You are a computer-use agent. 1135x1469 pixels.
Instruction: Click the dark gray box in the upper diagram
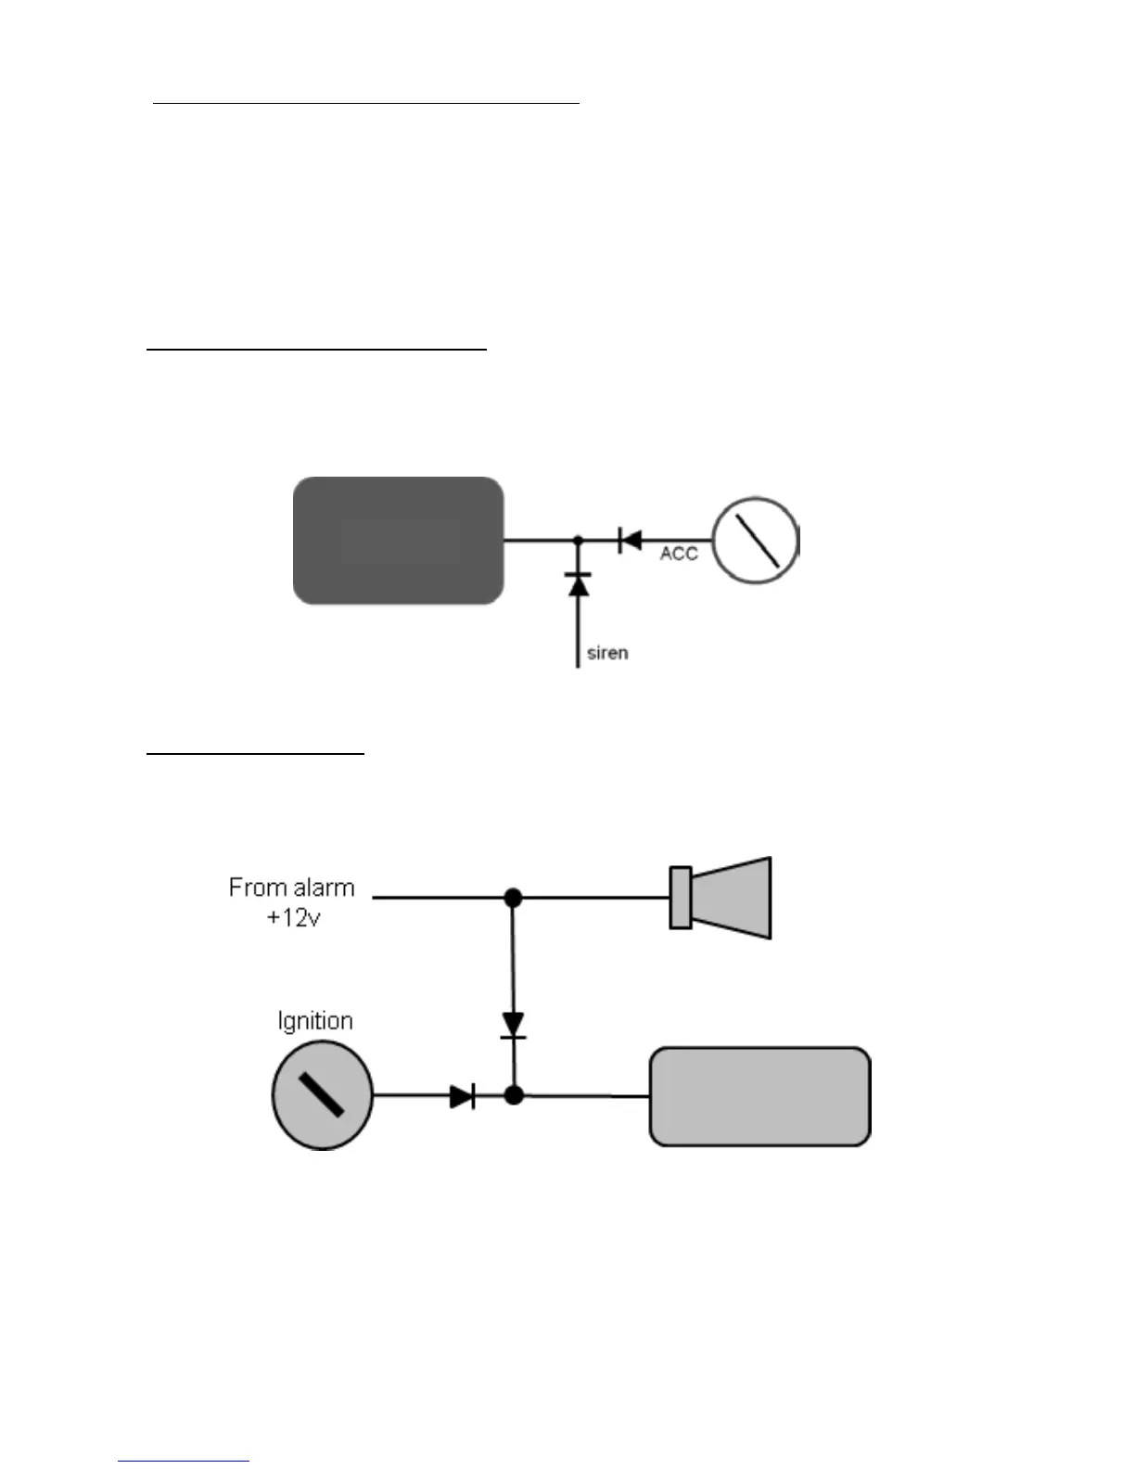click(x=398, y=541)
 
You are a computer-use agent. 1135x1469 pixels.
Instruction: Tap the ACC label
click(x=678, y=554)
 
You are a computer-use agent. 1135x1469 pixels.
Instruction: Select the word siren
click(x=607, y=653)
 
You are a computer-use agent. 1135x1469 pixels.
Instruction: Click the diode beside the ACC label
click(x=630, y=540)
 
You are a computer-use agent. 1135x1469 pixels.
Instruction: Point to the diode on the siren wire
click(x=578, y=584)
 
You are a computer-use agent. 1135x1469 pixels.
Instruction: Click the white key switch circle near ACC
click(x=755, y=541)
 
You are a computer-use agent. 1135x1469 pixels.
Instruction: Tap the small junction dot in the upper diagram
click(x=578, y=540)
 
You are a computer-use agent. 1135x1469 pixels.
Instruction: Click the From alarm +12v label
click(x=291, y=902)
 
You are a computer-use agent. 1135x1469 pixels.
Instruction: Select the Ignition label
click(x=315, y=1021)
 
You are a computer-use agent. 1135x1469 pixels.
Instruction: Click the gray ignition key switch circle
click(x=322, y=1094)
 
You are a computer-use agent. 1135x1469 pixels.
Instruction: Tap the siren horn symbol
click(x=730, y=898)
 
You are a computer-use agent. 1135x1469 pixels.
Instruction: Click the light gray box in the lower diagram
click(x=759, y=1096)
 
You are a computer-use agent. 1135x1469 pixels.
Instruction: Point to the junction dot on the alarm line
click(x=513, y=898)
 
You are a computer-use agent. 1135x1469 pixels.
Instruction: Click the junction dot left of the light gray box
click(x=514, y=1095)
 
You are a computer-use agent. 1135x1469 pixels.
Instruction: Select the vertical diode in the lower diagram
click(x=513, y=1025)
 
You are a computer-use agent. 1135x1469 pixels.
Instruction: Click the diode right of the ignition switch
click(x=462, y=1096)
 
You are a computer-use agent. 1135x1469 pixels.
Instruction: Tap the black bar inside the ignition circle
click(x=322, y=1094)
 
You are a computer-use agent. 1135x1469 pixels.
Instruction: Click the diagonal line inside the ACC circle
click(x=757, y=541)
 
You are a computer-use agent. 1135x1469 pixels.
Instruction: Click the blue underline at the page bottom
click(x=184, y=1462)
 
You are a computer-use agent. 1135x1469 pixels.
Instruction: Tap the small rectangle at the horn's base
click(x=681, y=898)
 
